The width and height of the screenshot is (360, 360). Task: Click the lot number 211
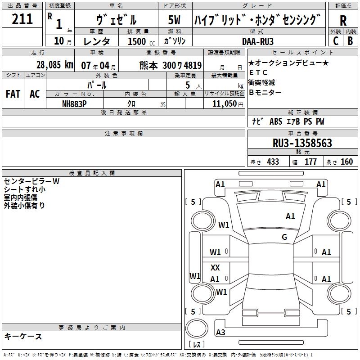point(22,19)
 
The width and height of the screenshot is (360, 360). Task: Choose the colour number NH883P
point(75,103)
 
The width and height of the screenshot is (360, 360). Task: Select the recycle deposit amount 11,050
point(224,103)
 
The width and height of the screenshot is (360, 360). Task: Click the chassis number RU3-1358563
point(302,143)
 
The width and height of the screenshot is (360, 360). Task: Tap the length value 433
point(273,162)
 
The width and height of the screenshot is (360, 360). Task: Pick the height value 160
point(346,162)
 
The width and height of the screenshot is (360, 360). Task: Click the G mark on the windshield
point(284,237)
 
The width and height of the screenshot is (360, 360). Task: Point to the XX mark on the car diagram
point(215,268)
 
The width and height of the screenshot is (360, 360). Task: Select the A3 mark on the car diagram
point(220,333)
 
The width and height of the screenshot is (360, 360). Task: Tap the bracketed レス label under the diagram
point(196,345)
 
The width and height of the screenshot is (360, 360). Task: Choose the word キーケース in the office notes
point(23,336)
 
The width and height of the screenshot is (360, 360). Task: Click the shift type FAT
point(13,94)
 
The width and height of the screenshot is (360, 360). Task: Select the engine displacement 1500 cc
point(137,41)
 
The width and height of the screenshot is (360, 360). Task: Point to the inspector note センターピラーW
point(31,181)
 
